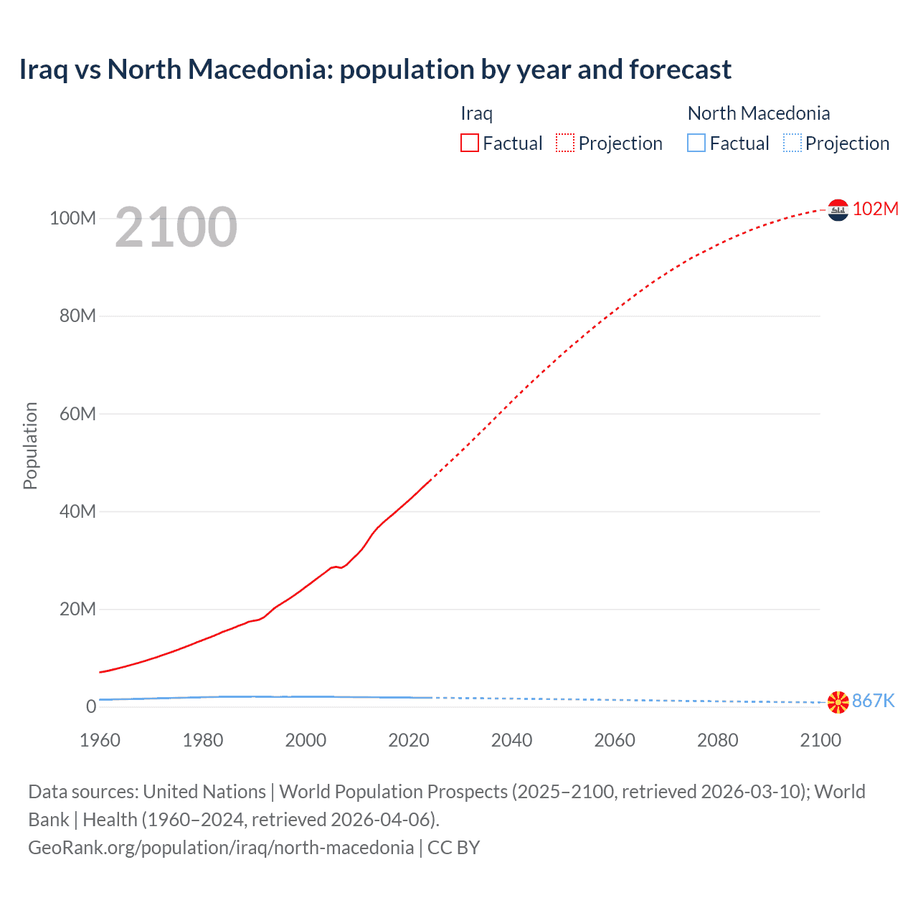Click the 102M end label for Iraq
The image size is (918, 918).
coord(875,209)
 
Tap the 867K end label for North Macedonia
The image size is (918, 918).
coord(873,701)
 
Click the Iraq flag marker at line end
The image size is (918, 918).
coord(838,210)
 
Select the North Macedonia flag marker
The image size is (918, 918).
coord(838,702)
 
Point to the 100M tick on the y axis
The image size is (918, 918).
coord(72,218)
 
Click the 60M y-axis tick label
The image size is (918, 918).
coord(77,414)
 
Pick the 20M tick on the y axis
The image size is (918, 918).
coord(77,609)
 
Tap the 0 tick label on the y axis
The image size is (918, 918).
coord(90,706)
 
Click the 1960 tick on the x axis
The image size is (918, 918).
coord(100,740)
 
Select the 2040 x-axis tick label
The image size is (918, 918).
coord(511,740)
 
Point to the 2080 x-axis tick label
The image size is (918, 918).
coord(717,740)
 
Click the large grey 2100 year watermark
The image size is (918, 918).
coord(176,227)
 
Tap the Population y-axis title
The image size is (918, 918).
coord(30,445)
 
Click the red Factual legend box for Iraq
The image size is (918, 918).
coord(469,143)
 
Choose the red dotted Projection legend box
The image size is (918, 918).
coord(565,143)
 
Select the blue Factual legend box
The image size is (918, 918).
coord(696,143)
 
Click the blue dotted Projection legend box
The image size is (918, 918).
coord(792,143)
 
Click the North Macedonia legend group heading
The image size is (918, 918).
coord(758,113)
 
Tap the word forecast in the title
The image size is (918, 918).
coord(680,70)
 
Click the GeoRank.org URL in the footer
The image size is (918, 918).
coord(221,847)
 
